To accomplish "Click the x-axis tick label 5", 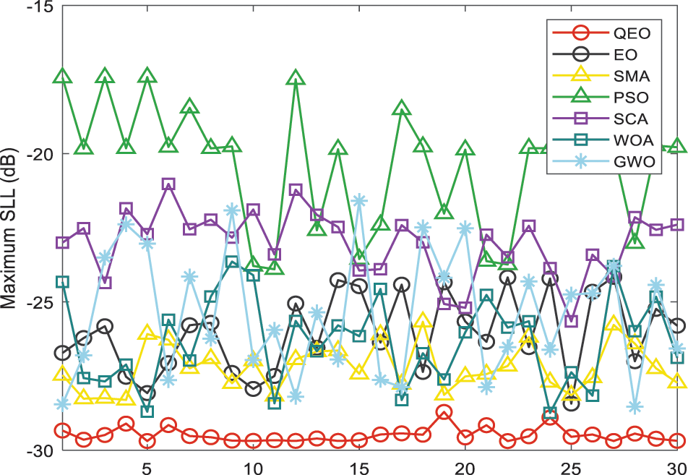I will (x=147, y=466).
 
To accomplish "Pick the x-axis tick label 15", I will (x=358, y=466).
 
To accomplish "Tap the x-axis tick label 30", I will (x=676, y=466).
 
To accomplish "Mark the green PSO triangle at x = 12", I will (x=296, y=78).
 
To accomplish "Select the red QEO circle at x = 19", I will (x=444, y=412).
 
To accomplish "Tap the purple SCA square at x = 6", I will (x=168, y=184).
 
